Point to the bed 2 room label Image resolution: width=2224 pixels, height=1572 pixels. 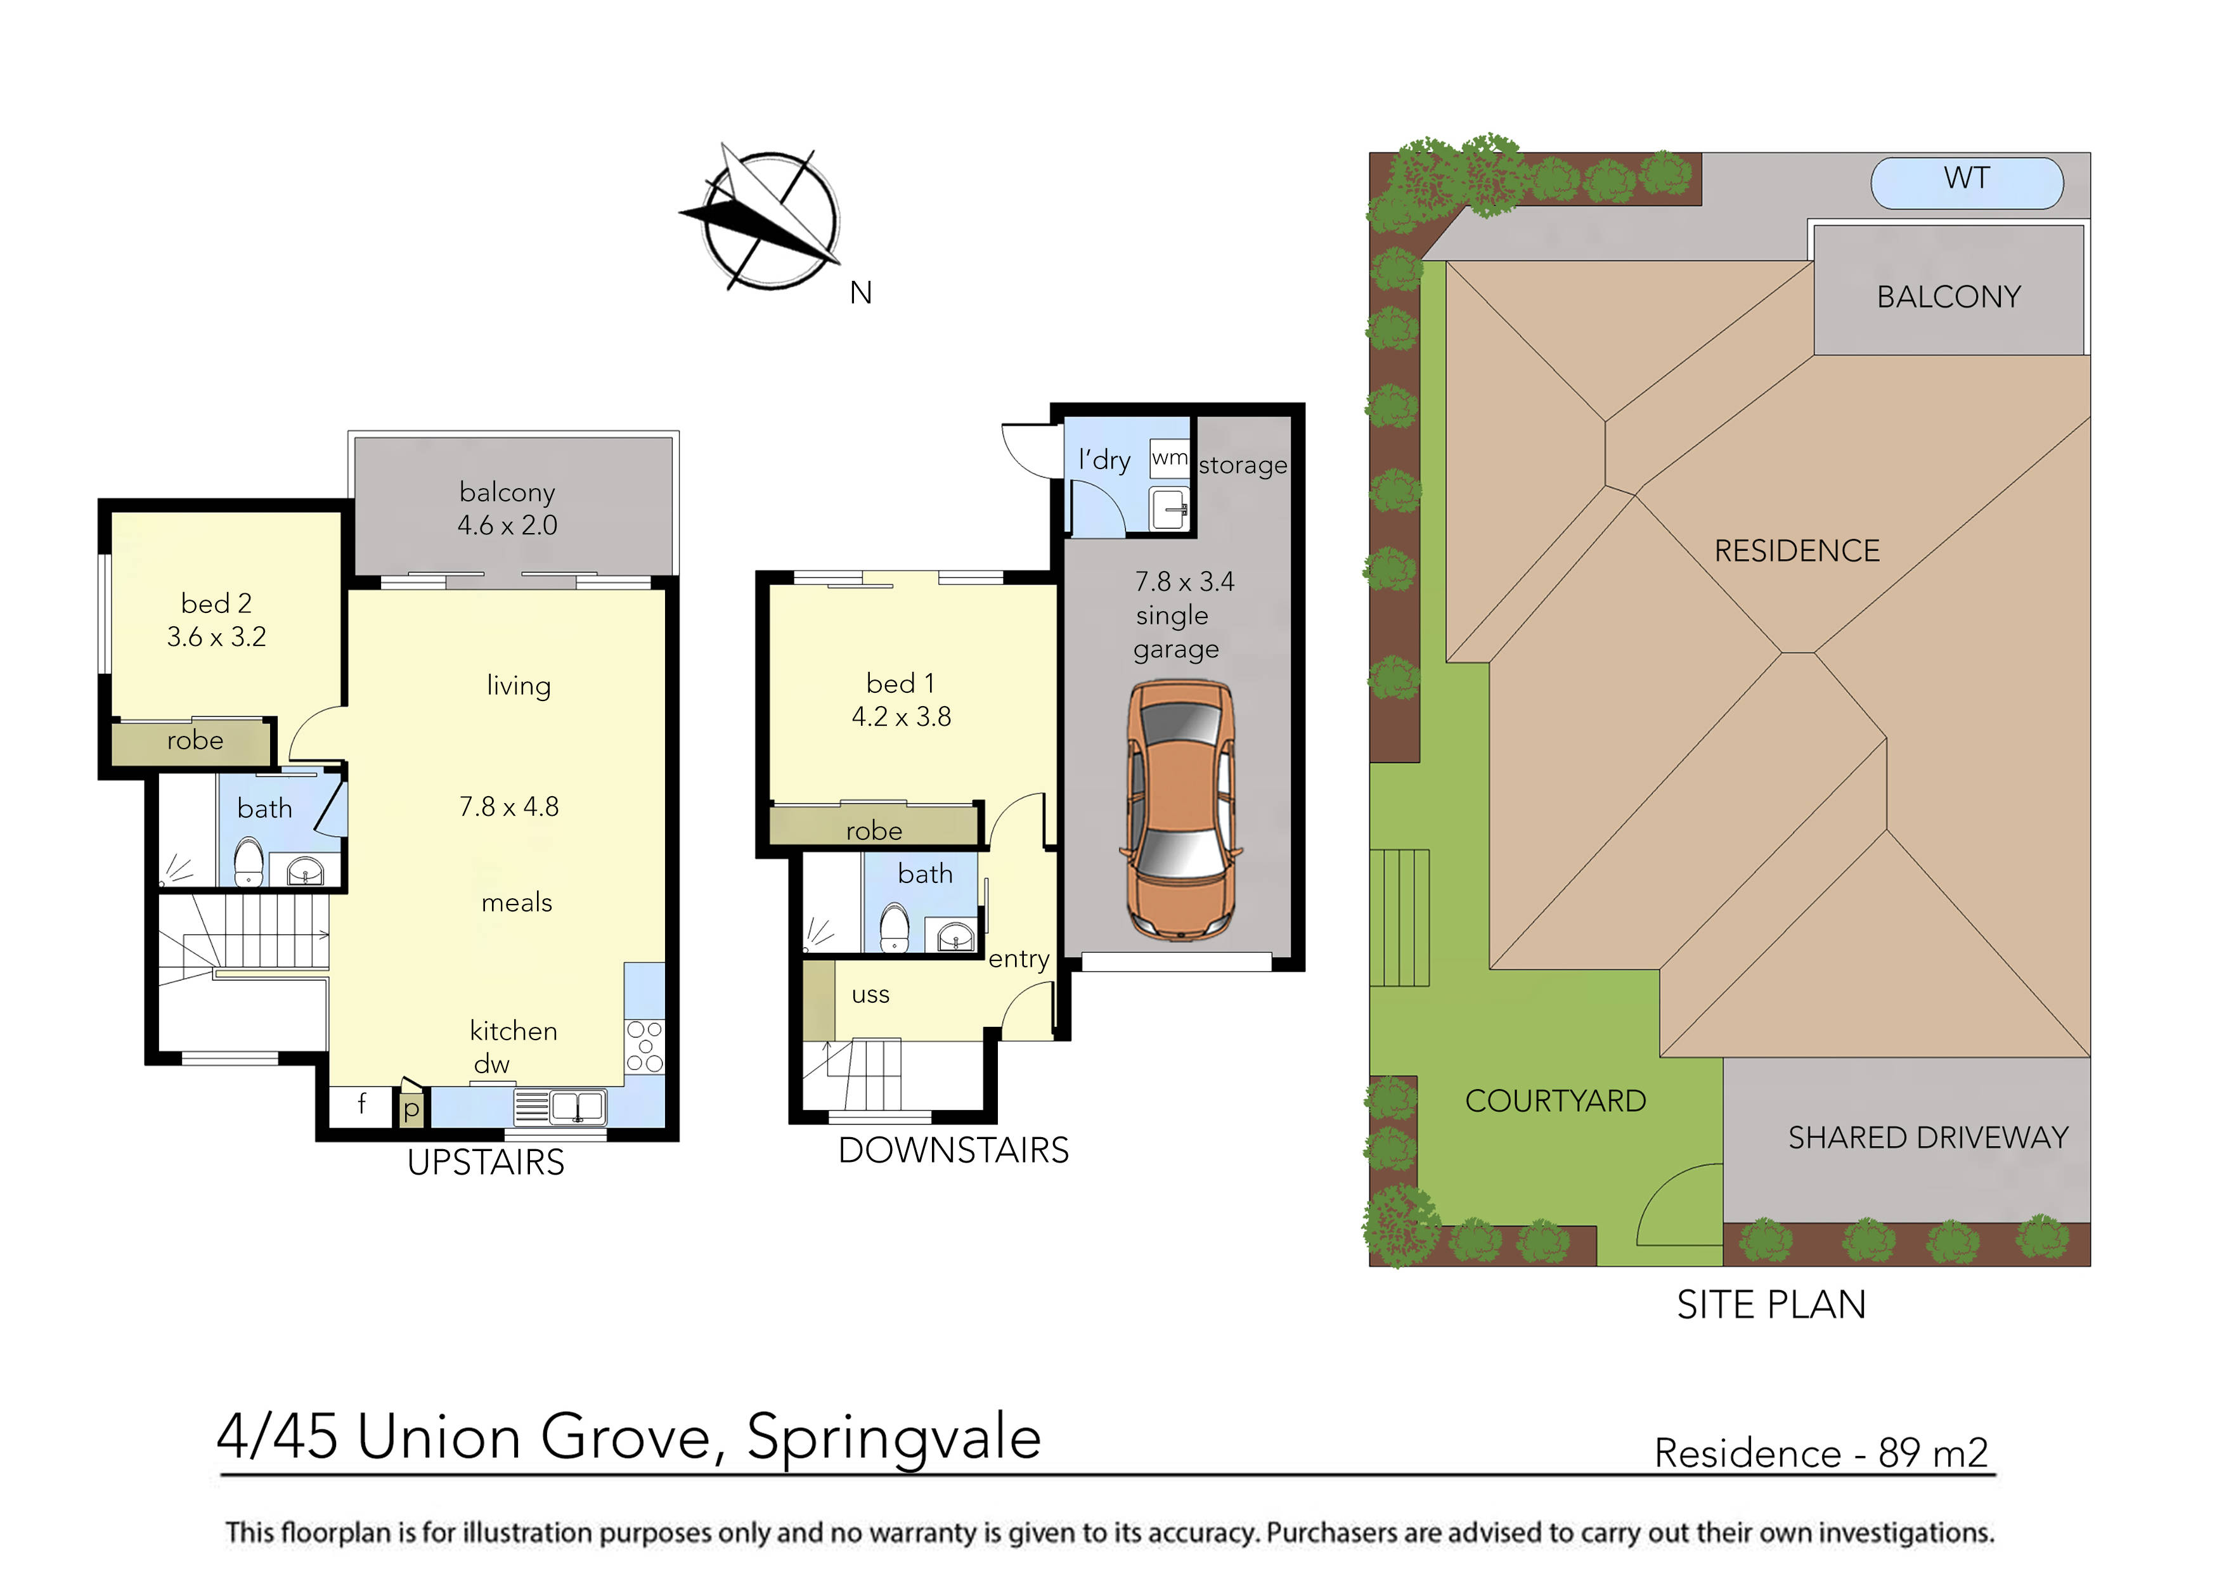tap(216, 603)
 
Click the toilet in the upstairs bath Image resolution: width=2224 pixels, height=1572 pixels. tap(249, 862)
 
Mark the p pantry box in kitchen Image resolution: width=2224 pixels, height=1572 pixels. tap(411, 1108)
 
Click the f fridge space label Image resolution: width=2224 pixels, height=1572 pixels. tap(361, 1102)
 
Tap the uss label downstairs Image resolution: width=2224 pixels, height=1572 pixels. tap(870, 995)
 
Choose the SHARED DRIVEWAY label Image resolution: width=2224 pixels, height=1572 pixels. tap(1927, 1137)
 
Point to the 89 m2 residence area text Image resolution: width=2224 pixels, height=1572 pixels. tap(1932, 1453)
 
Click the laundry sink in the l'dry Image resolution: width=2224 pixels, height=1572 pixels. tap(1169, 508)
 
